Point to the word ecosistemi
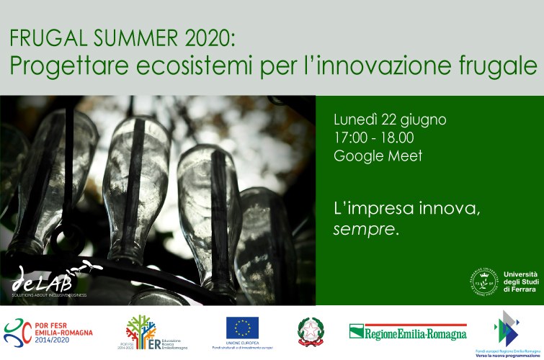(x=198, y=66)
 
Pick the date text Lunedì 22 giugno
(x=390, y=119)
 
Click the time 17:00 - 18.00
(x=373, y=138)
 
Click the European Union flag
(x=242, y=328)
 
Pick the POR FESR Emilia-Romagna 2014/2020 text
(x=63, y=332)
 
